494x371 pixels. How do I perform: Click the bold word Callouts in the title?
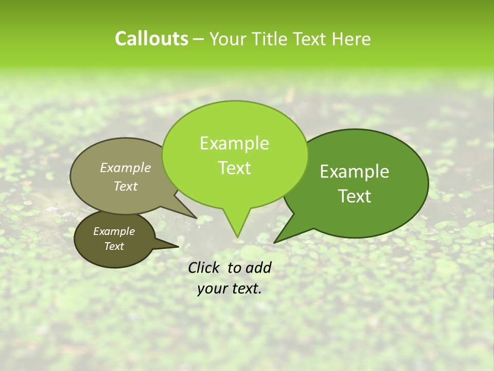[151, 39]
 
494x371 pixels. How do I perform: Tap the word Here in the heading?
[352, 39]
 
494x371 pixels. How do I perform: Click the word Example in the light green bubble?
[234, 143]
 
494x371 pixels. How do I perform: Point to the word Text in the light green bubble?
[234, 168]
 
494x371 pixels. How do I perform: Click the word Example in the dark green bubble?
[355, 172]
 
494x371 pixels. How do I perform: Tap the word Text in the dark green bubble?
[355, 196]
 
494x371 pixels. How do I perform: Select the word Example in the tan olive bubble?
[126, 167]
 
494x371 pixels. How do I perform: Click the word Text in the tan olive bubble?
[126, 186]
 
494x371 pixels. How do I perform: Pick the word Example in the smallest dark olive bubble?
[114, 231]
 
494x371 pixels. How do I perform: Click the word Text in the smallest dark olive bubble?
[114, 246]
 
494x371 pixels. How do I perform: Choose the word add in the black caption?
[259, 267]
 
